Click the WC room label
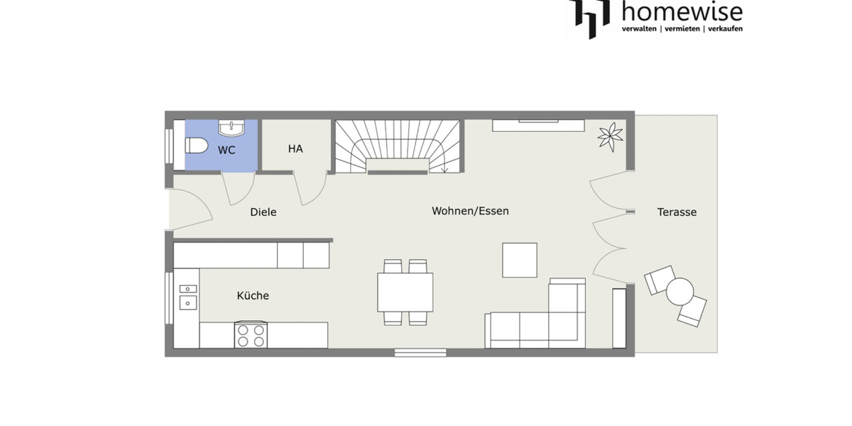coord(226,150)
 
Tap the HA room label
coord(295,149)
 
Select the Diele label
coord(263,212)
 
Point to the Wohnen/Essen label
coord(470,211)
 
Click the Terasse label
coord(677,212)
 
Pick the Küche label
coord(253,295)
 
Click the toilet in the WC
coord(196,146)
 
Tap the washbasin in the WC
coord(232,128)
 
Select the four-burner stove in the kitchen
coord(251,334)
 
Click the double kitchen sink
coord(188,296)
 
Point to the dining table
coord(405,292)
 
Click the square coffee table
coord(520,260)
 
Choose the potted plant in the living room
coord(610,136)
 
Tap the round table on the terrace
coord(679,291)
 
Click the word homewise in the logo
coord(682,12)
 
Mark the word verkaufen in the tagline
coord(720,29)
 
